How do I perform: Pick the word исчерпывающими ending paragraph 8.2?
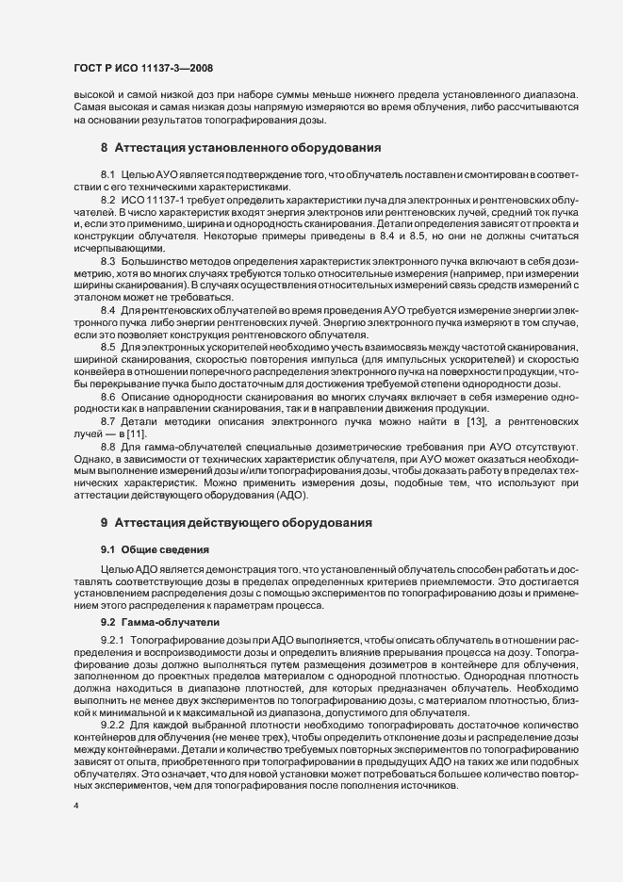(119, 248)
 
